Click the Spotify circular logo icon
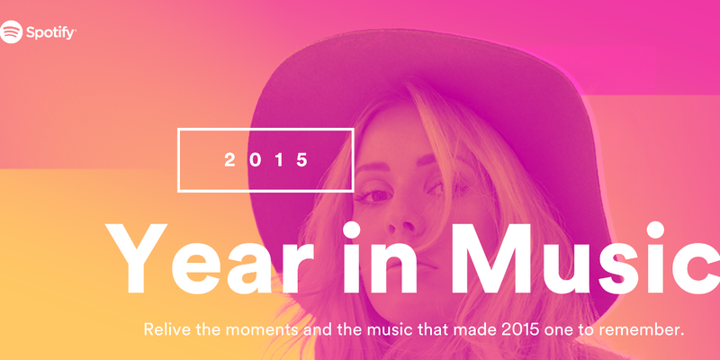(11, 31)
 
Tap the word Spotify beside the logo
(50, 33)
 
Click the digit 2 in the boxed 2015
(230, 160)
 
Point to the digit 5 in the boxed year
(302, 160)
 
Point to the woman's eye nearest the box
(373, 196)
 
